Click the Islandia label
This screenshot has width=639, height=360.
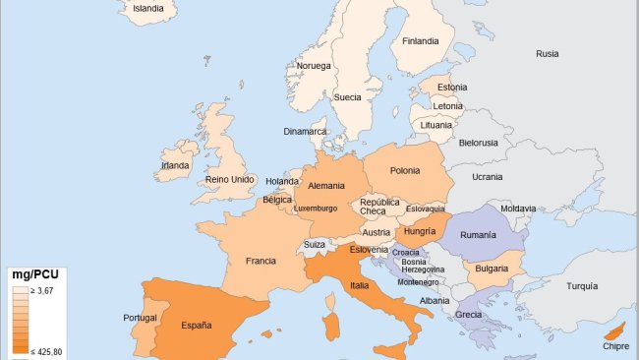pyautogui.click(x=148, y=8)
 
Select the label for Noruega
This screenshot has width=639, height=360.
pyautogui.click(x=315, y=66)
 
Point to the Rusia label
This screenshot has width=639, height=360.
pyautogui.click(x=548, y=54)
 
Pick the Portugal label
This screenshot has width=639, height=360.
pyautogui.click(x=141, y=318)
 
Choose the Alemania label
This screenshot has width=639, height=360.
pyautogui.click(x=326, y=186)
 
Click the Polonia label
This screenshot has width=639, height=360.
pyautogui.click(x=405, y=170)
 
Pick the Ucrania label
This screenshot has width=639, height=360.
pyautogui.click(x=487, y=177)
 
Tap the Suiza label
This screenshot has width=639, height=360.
pyautogui.click(x=315, y=244)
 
